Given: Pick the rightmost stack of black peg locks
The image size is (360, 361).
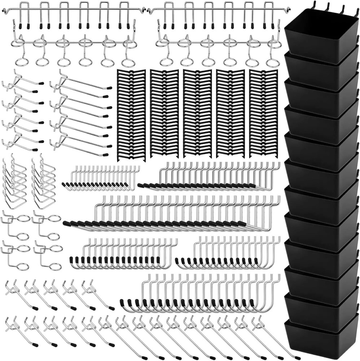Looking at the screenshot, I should click(x=263, y=114).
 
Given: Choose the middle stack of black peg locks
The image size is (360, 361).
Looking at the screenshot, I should click(x=197, y=114).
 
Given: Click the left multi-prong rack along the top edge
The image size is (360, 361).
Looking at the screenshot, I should click(x=74, y=14).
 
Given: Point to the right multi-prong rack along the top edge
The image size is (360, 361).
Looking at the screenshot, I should click(x=218, y=14).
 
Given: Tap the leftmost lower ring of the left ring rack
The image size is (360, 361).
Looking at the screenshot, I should click(x=22, y=61).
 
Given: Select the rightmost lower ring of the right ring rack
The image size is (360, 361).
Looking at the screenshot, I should click(x=273, y=62).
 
